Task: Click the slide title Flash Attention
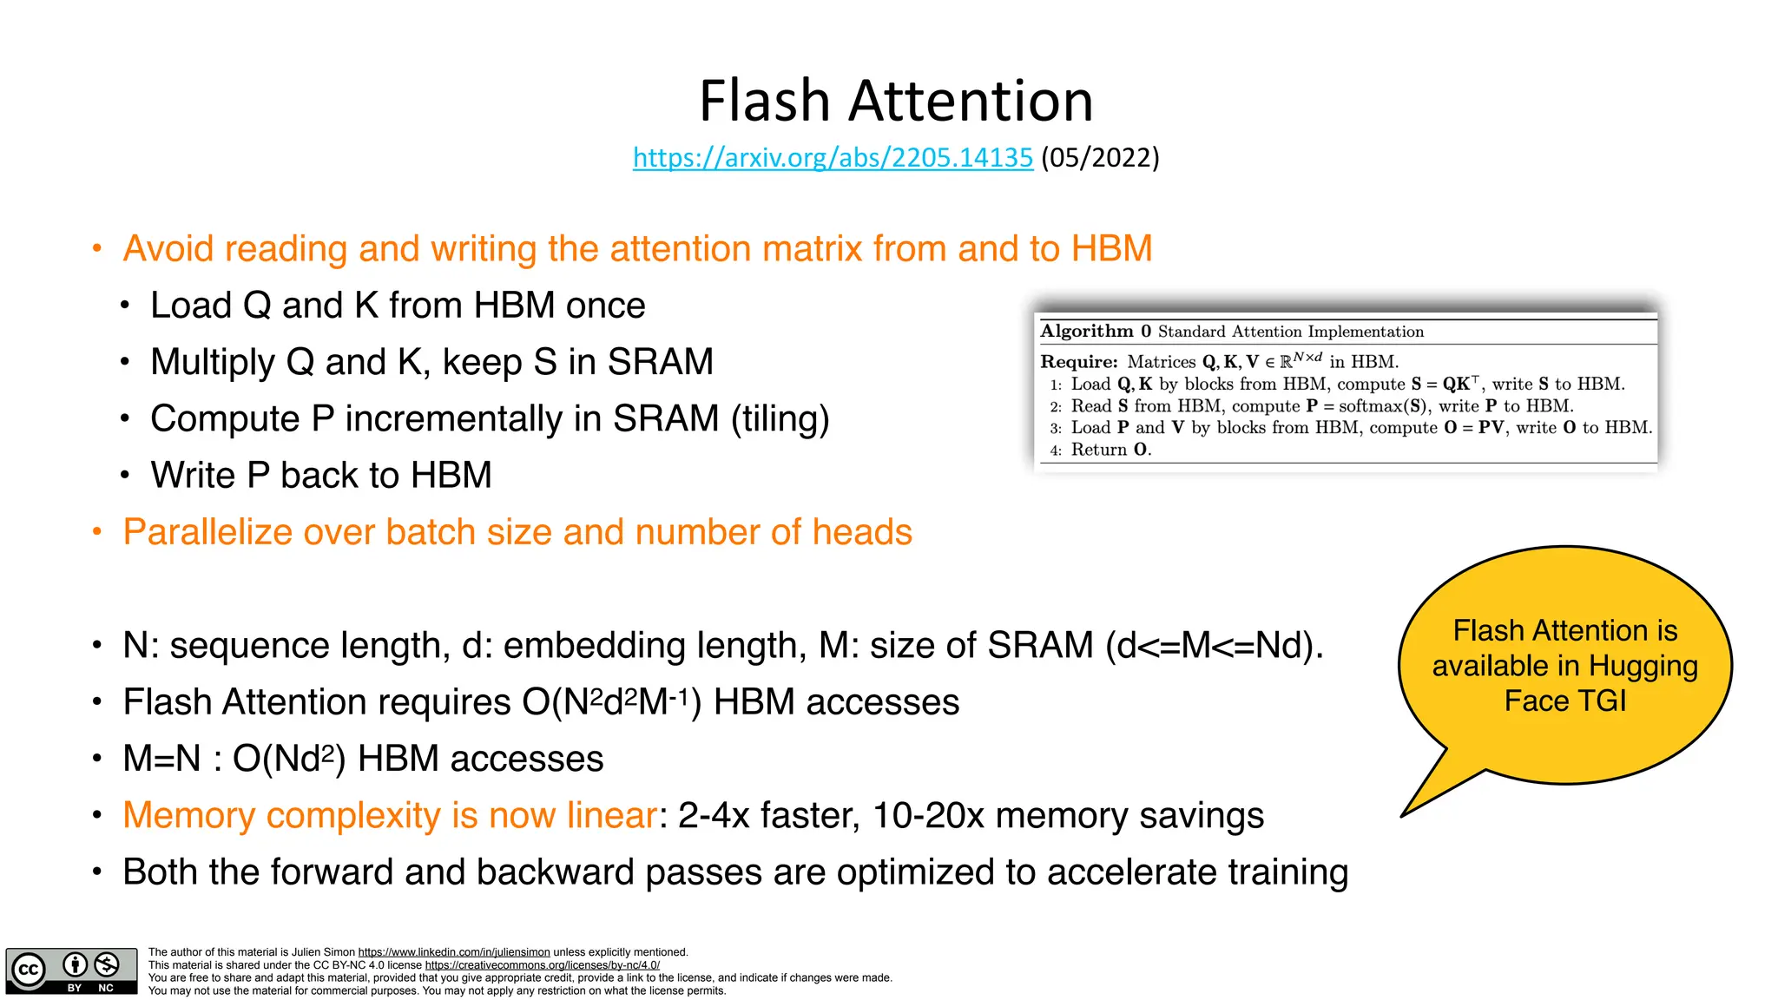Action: click(895, 101)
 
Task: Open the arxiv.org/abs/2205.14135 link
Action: click(833, 157)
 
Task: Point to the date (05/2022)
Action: click(1100, 157)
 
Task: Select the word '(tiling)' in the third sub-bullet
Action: click(780, 418)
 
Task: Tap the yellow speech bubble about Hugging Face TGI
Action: click(1564, 666)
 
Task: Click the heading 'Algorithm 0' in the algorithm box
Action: click(1096, 331)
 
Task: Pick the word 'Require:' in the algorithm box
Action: click(1079, 362)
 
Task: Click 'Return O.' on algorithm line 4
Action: click(1110, 450)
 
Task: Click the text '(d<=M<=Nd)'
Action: click(1215, 646)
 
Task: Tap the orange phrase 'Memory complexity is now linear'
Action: click(390, 816)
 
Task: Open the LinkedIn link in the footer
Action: click(454, 952)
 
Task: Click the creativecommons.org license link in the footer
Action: click(542, 965)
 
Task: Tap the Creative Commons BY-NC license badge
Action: click(71, 970)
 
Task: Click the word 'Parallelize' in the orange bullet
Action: click(207, 532)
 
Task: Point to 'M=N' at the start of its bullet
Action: click(161, 759)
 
